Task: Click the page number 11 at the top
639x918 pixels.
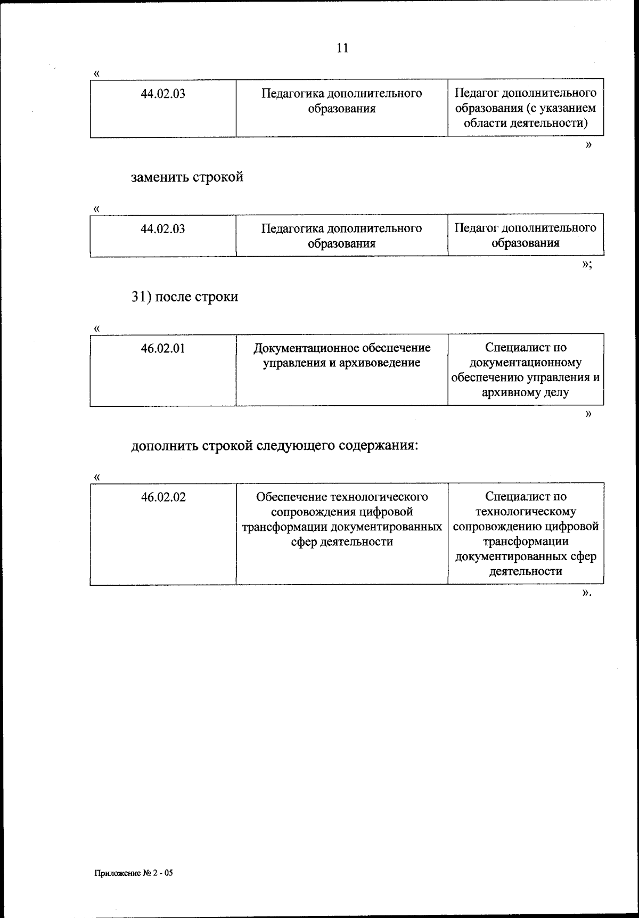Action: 342,48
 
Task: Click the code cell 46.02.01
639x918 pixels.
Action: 163,349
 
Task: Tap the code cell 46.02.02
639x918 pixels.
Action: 163,497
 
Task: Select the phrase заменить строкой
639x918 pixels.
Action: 187,177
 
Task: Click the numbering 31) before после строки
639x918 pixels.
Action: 142,297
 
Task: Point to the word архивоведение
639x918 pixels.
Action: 382,363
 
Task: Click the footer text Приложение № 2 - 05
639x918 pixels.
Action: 134,874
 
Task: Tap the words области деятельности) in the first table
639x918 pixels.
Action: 525,123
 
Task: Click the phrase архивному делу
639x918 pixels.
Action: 525,393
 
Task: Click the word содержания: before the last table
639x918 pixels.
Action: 379,445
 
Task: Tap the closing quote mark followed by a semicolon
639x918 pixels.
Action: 587,265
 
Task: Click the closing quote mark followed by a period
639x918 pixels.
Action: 587,593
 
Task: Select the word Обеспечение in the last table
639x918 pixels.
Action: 292,497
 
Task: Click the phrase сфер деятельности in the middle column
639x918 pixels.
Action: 342,542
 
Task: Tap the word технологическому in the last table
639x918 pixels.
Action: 525,512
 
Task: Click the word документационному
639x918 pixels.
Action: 525,363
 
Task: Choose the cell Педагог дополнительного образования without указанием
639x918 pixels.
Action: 525,235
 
